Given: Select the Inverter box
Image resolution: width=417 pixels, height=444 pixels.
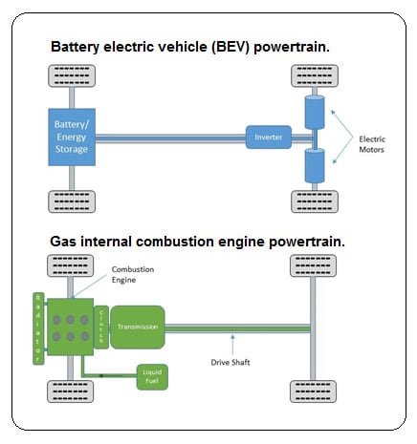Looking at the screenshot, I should tap(267, 137).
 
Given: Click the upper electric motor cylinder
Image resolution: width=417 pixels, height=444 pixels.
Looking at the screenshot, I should tap(314, 113).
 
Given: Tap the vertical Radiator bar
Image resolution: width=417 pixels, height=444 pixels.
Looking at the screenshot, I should tap(39, 328).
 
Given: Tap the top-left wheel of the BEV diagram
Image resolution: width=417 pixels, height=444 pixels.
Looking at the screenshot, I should tap(69, 75).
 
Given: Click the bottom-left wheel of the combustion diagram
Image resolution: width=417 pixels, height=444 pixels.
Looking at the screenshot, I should tap(69, 390).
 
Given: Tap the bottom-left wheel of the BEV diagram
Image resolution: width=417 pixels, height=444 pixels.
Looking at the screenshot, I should tap(69, 201).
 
